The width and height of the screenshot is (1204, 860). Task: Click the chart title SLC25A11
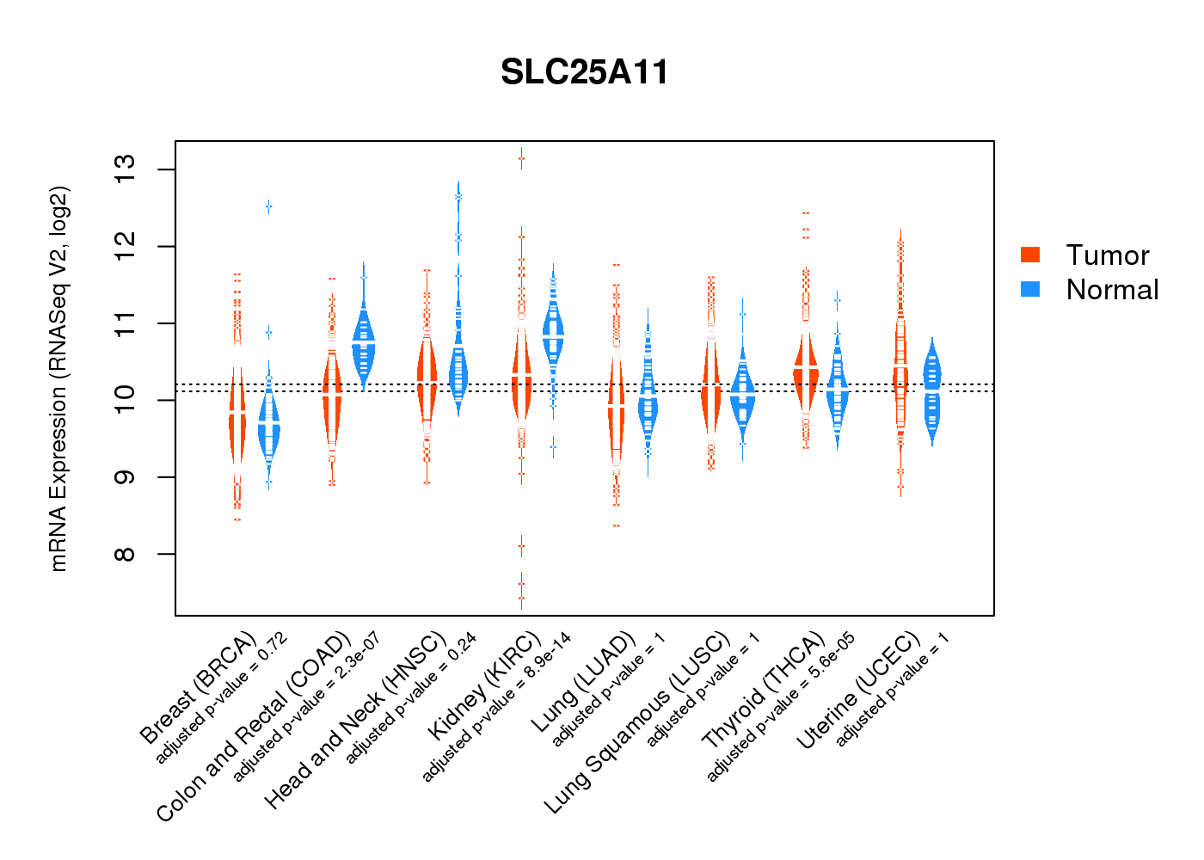pos(585,72)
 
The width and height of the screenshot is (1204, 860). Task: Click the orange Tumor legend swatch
pos(1030,255)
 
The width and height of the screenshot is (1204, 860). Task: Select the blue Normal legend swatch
pos(1030,289)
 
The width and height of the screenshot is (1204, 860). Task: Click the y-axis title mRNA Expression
pos(58,378)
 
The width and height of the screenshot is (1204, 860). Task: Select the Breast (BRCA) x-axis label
pos(199,687)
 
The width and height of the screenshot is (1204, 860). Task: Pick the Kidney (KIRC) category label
pos(485,685)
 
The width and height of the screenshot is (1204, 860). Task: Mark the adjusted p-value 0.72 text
pos(221,698)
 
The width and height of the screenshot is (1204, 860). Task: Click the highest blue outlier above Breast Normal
pos(268,206)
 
